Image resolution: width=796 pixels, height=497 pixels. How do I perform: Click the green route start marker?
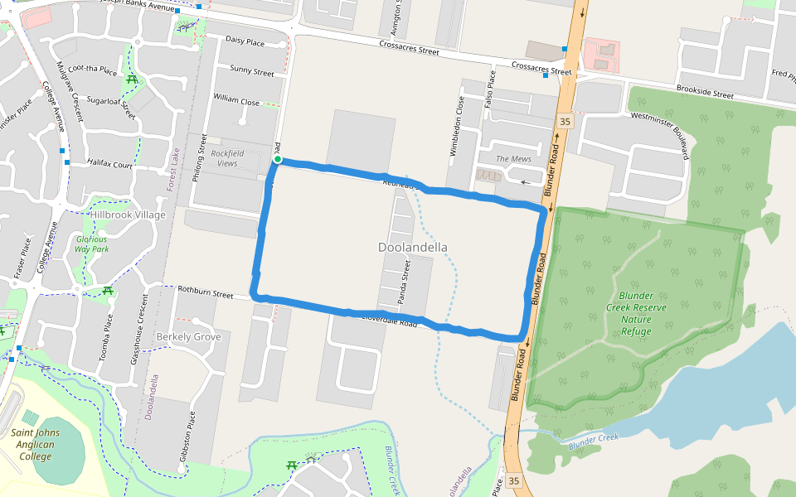tap(278, 160)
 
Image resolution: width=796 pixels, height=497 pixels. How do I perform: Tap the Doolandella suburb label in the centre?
tap(412, 247)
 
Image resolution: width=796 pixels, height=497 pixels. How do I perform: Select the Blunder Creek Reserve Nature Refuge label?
tap(636, 313)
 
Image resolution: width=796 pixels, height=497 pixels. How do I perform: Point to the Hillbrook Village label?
tap(128, 215)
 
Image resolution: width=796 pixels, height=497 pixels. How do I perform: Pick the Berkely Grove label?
tap(188, 336)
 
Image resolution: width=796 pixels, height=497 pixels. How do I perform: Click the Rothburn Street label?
tap(206, 292)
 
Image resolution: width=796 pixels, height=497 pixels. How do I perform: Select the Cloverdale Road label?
tap(388, 319)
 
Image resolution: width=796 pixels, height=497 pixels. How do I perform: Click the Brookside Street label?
tap(705, 93)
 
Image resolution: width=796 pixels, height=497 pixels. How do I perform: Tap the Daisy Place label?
tap(245, 41)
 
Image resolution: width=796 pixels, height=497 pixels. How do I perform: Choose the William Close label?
tap(236, 100)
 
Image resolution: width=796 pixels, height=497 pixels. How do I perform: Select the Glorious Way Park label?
tap(91, 243)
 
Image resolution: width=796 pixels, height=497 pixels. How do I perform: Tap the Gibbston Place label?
tap(192, 439)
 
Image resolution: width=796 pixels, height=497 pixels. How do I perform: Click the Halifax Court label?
tap(109, 165)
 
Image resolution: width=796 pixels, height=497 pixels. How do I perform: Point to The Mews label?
tap(512, 158)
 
